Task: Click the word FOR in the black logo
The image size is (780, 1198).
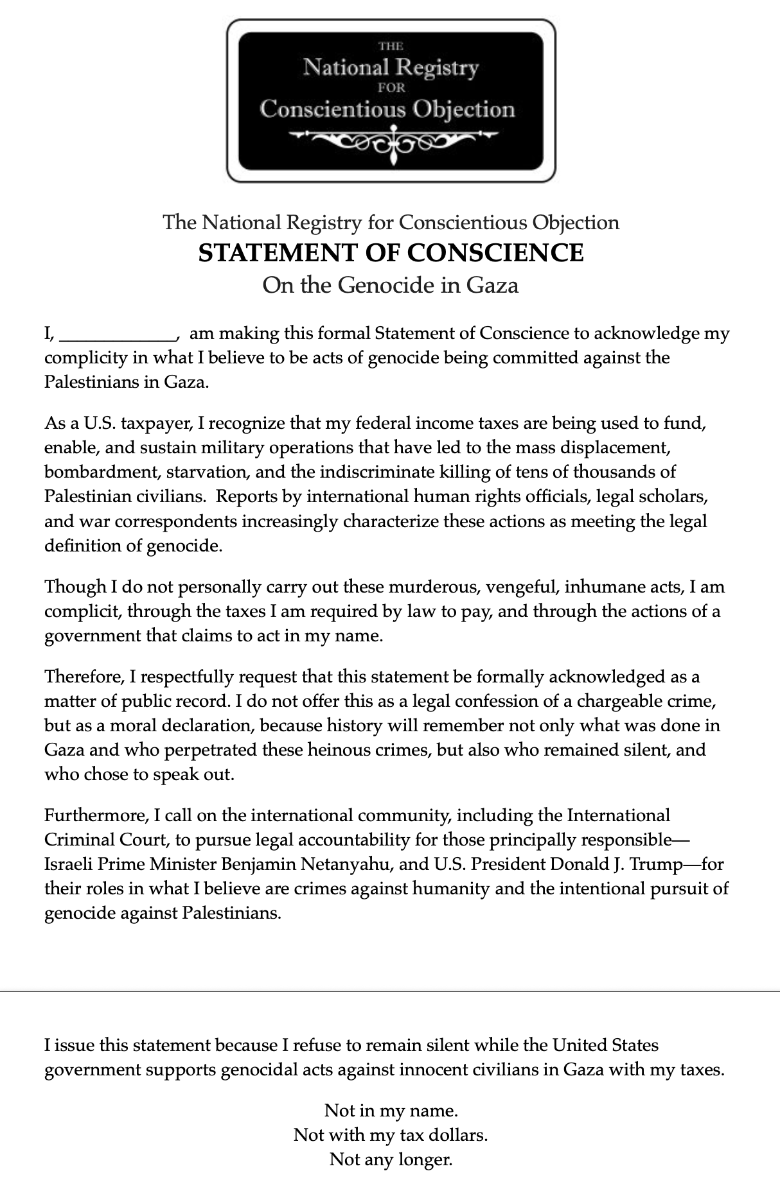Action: (391, 89)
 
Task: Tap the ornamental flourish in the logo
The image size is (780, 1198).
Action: (391, 139)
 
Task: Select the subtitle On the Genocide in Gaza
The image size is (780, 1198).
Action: (390, 284)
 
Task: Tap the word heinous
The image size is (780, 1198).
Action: (331, 750)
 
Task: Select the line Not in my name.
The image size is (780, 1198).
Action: (391, 1110)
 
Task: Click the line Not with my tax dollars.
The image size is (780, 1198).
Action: (391, 1135)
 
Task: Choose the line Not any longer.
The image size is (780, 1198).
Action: (391, 1159)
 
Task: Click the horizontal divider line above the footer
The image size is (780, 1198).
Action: (390, 991)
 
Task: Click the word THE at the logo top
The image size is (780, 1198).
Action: (391, 46)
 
